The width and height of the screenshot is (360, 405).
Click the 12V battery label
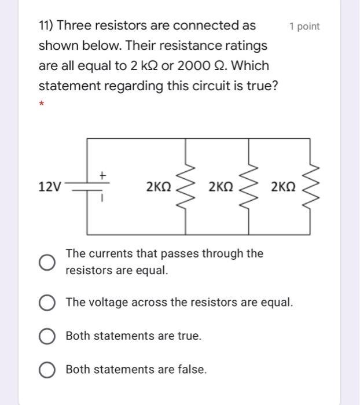click(49, 186)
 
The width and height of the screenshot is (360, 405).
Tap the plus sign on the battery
click(102, 174)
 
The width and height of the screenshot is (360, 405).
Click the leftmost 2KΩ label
click(159, 186)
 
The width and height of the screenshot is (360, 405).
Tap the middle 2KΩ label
click(221, 186)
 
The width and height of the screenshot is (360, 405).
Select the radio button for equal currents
click(47, 262)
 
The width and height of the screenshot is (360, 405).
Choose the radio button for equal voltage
click(47, 303)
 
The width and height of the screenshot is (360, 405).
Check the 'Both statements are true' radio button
click(47, 336)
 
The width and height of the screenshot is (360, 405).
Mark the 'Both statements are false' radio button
click(47, 370)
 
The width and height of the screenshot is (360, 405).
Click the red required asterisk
click(42, 105)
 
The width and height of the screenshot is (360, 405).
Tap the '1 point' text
click(304, 27)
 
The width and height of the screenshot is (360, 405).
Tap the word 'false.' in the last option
click(191, 370)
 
